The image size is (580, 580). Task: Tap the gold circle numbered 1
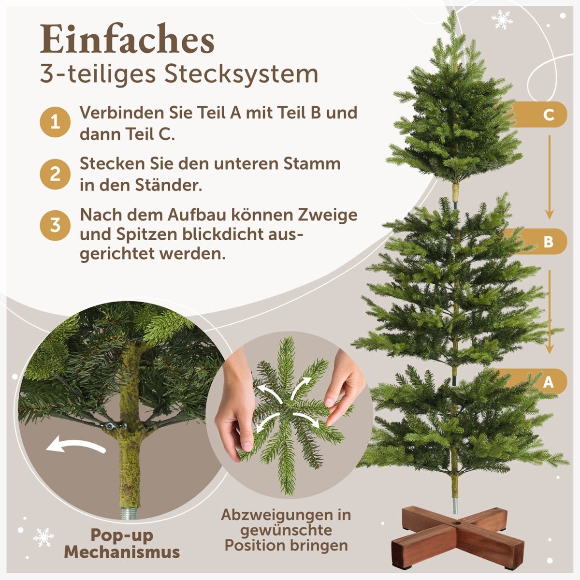point(55,122)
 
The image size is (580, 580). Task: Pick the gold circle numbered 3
point(55,225)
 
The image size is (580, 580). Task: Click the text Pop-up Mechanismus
point(122,543)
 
